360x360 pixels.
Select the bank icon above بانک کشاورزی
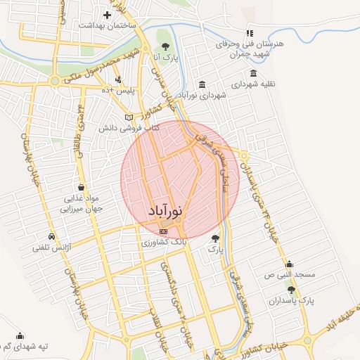point(164,231)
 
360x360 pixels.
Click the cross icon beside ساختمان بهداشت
point(107,15)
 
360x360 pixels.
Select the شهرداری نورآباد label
point(202,95)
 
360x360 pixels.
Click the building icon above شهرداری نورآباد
point(202,84)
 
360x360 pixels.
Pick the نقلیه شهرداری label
point(252,84)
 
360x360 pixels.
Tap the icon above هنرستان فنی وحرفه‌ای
point(249,33)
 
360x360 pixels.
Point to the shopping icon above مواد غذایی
point(83,188)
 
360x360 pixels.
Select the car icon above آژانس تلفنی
point(51,236)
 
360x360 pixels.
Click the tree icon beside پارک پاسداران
point(291,290)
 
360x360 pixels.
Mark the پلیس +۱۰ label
point(115,91)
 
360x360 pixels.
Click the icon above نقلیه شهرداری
point(253,73)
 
